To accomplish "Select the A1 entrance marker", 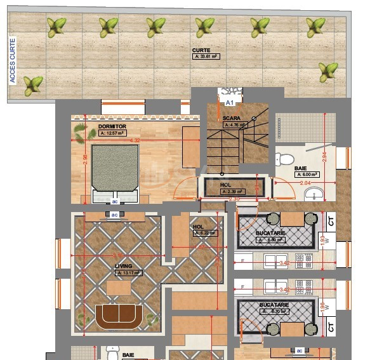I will point(230,102).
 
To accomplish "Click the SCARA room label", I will point(231,118).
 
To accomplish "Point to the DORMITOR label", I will point(112,127).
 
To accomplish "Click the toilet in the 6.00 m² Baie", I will point(285,159).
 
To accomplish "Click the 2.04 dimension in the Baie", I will point(305,183).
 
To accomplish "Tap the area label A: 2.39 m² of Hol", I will point(232,191).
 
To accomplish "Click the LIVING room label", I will point(124,267).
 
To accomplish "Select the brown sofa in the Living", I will point(119,316).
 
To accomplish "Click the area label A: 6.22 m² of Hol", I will point(204,233).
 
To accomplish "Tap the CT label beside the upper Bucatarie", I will point(331,222).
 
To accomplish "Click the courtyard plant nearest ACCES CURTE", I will point(32,84).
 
